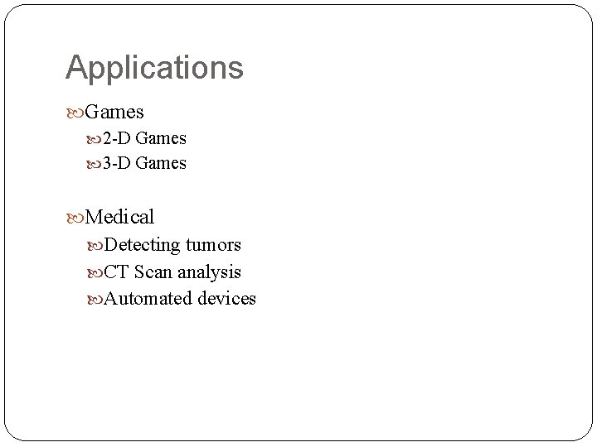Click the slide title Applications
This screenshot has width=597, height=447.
(154, 68)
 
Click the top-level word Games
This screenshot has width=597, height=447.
(114, 111)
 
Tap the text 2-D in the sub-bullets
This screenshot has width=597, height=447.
(117, 138)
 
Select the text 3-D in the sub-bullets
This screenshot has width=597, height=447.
(117, 163)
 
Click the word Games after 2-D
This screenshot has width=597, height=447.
(161, 138)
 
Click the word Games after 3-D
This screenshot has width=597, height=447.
(161, 163)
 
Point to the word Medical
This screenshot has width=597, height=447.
(119, 217)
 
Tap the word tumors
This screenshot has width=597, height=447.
(213, 245)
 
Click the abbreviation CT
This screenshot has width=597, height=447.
(116, 272)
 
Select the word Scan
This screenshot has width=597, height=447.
(152, 272)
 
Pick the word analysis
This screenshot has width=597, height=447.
(209, 272)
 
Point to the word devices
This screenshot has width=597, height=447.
(226, 298)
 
